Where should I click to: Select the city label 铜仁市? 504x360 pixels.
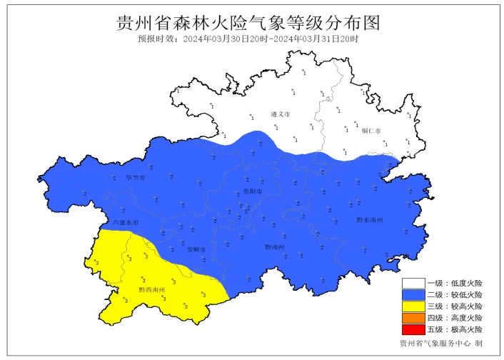371,131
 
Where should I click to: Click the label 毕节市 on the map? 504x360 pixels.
135,177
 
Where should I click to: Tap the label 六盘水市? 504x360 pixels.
126,223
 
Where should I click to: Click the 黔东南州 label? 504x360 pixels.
370,220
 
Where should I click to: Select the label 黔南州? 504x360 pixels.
275,247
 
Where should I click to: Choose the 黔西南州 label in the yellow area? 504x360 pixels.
152,289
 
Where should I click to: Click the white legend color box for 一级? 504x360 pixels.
413,284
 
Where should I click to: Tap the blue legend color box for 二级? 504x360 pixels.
413,295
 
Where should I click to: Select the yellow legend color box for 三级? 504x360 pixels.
413,306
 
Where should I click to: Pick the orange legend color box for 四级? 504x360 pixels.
413,318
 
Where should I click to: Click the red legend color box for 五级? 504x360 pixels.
413,329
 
